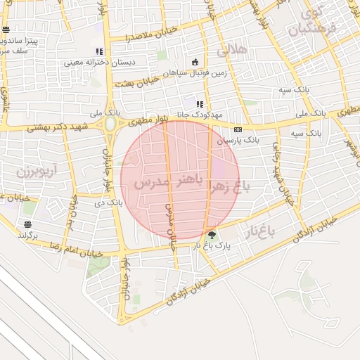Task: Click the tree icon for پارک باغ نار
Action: pyautogui.click(x=212, y=235)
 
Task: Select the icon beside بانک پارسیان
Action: pyautogui.click(x=238, y=130)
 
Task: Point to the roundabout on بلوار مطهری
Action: pyautogui.click(x=110, y=125)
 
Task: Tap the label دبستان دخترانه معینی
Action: pyautogui.click(x=98, y=62)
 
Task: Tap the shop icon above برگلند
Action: pyautogui.click(x=27, y=224)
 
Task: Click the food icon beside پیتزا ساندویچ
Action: pyautogui.click(x=6, y=30)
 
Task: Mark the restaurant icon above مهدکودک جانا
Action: pyautogui.click(x=200, y=104)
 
